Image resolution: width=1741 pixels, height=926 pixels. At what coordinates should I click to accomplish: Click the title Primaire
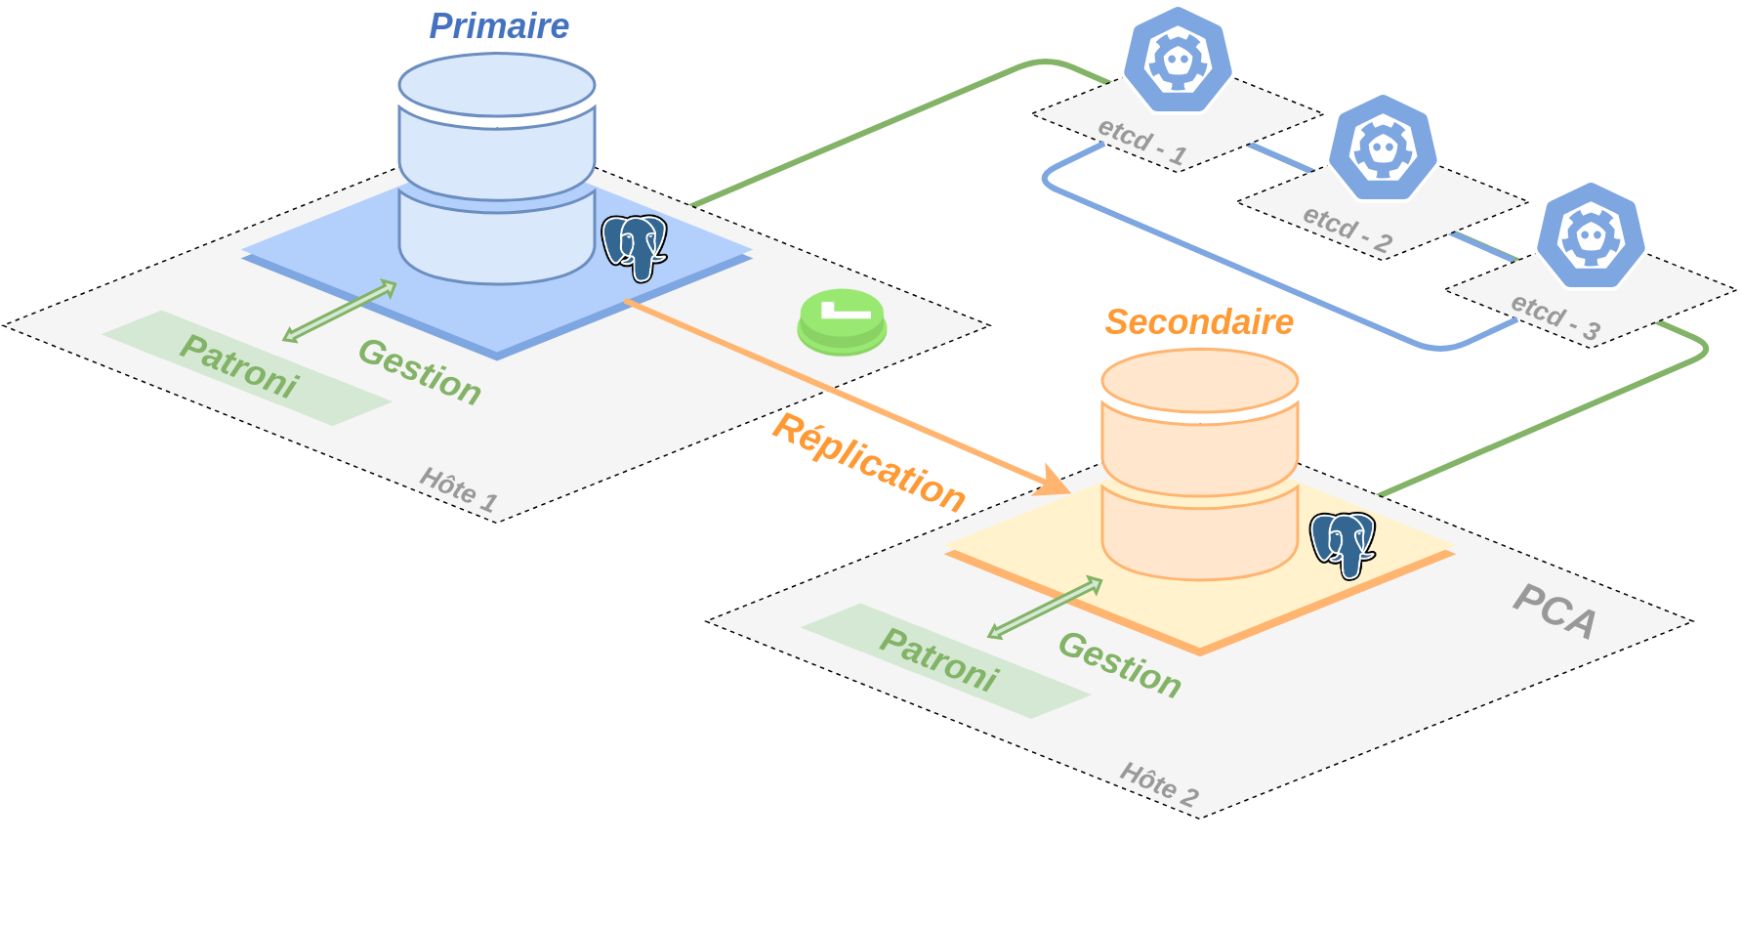pyautogui.click(x=499, y=26)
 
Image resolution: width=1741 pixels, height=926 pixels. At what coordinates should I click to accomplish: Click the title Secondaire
pyautogui.click(x=1199, y=322)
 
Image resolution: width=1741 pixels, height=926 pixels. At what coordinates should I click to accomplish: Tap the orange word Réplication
pyautogui.click(x=868, y=462)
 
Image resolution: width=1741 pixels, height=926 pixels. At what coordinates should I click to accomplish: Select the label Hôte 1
pyautogui.click(x=459, y=488)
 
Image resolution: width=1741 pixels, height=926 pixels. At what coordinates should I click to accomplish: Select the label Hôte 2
pyautogui.click(x=1159, y=783)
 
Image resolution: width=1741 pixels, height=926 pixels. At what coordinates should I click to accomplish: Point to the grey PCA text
pyautogui.click(x=1554, y=611)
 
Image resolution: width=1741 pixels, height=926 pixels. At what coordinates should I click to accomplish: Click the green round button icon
pyautogui.click(x=842, y=320)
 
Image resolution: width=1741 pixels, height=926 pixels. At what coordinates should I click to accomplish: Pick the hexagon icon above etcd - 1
pyautogui.click(x=1178, y=62)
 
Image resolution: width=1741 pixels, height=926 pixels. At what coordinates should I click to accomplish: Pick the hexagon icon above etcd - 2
pyautogui.click(x=1383, y=148)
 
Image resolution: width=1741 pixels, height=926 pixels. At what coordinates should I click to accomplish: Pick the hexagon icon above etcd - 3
pyautogui.click(x=1591, y=236)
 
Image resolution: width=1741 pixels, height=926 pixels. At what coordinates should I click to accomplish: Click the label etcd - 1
pyautogui.click(x=1141, y=142)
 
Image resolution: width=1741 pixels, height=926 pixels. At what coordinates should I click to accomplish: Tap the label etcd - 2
pyautogui.click(x=1347, y=230)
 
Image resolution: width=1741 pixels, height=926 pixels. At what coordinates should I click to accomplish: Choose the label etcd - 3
pyautogui.click(x=1554, y=317)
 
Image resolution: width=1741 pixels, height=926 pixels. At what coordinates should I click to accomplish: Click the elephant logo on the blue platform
pyautogui.click(x=635, y=247)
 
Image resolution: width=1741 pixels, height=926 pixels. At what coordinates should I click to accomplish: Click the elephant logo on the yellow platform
pyautogui.click(x=1343, y=544)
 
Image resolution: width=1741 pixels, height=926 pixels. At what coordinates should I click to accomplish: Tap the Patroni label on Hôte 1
pyautogui.click(x=239, y=366)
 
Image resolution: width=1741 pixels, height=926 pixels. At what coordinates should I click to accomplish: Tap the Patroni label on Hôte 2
pyautogui.click(x=939, y=659)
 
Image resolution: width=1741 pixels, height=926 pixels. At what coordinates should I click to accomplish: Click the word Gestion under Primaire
pyautogui.click(x=420, y=371)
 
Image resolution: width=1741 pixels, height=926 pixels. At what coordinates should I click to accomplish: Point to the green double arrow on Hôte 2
pyautogui.click(x=1045, y=608)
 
